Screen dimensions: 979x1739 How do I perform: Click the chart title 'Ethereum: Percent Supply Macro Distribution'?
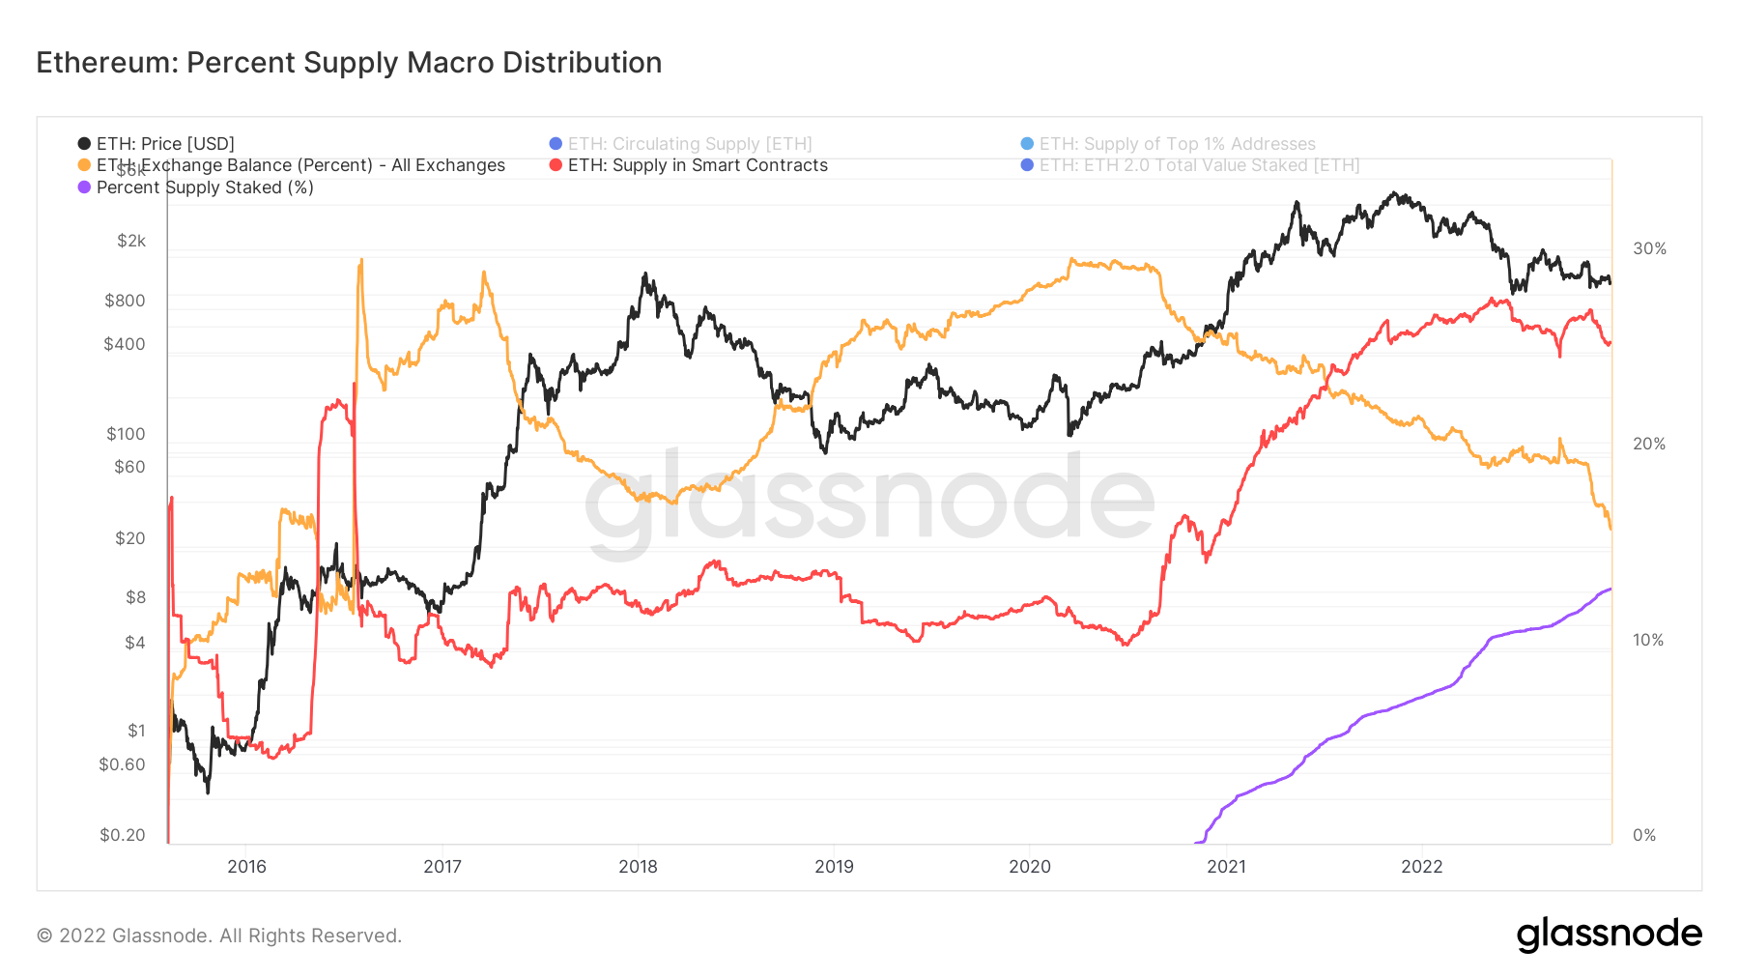(x=349, y=63)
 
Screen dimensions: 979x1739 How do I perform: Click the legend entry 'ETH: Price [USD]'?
(x=165, y=144)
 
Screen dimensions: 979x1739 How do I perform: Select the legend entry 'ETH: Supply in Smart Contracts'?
(x=698, y=165)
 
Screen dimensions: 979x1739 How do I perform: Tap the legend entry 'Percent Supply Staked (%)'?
(x=205, y=187)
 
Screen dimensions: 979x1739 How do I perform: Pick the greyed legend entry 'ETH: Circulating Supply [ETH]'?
(x=690, y=144)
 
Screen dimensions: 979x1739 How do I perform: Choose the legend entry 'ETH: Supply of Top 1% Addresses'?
(x=1177, y=144)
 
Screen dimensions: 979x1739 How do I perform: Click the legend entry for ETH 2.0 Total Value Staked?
(x=1199, y=165)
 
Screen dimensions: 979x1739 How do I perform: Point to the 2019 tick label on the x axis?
(x=834, y=867)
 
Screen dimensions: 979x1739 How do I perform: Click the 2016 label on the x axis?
(x=246, y=867)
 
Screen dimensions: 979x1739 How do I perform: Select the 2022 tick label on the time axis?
(x=1421, y=867)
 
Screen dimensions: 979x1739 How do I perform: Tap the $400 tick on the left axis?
(x=125, y=344)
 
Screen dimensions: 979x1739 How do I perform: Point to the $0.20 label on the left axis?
(x=123, y=835)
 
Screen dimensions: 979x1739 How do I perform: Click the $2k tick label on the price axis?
(x=131, y=241)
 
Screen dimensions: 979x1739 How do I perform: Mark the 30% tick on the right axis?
(x=1649, y=248)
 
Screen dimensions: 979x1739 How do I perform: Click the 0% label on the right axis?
(x=1643, y=835)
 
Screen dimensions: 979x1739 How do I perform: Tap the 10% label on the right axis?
(x=1647, y=640)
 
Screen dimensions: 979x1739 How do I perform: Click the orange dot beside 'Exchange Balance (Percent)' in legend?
(x=84, y=165)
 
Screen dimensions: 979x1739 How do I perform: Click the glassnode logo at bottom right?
(x=1609, y=935)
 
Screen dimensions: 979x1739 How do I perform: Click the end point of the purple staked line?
(x=1611, y=589)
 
